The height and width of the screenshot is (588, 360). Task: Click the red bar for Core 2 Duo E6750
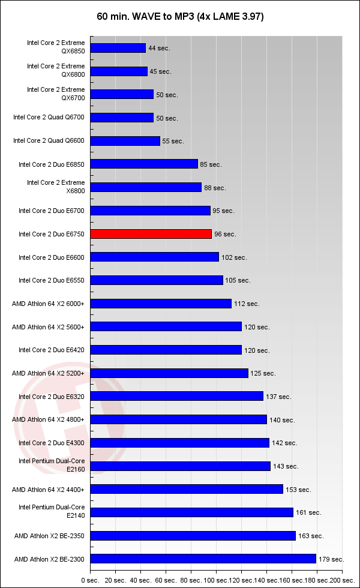(x=151, y=234)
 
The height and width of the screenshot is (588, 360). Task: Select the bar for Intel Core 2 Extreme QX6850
(x=118, y=48)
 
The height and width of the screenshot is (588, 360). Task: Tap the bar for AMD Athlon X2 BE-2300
(x=203, y=559)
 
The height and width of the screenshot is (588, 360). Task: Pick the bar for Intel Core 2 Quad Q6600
(x=125, y=141)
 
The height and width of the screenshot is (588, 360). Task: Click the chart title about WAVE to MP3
(x=180, y=17)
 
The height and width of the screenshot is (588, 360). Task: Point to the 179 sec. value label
(x=331, y=559)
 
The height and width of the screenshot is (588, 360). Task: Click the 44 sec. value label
(x=158, y=48)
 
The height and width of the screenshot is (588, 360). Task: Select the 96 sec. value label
(x=225, y=234)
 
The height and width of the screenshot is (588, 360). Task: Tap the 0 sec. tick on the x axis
(x=90, y=581)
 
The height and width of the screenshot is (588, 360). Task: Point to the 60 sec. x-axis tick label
(x=167, y=581)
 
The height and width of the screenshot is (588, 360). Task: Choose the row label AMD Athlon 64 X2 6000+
(x=48, y=304)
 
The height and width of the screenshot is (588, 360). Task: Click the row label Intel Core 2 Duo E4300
(x=52, y=443)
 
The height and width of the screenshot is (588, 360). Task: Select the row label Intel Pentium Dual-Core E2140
(x=52, y=512)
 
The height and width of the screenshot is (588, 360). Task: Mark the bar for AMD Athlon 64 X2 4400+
(x=187, y=490)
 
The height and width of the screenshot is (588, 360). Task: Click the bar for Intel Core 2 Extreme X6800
(x=146, y=188)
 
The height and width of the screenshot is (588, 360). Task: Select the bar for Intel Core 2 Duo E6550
(x=157, y=280)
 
